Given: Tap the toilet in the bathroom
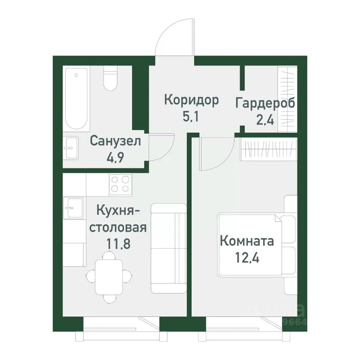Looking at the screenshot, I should tap(110, 79).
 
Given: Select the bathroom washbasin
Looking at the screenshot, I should tap(70, 148).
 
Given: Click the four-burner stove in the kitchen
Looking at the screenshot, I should tap(120, 184).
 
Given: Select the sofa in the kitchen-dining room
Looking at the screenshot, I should tap(168, 248).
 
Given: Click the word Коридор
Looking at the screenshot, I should tap(191, 100).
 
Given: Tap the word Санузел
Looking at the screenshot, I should tap(115, 141).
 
